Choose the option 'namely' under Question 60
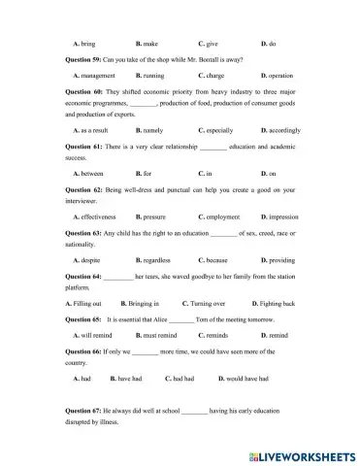[x=150, y=129]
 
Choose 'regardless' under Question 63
[x=156, y=260]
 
